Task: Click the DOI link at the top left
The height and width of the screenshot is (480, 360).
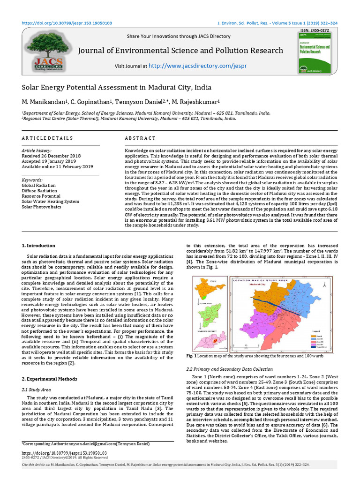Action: pos(67,22)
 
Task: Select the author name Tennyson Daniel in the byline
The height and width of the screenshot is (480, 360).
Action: pos(143,103)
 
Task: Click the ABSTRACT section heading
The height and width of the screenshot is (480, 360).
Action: pos(140,138)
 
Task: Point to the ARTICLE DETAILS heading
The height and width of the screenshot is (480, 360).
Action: pos(47,138)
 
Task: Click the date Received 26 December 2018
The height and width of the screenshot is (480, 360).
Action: pos(52,156)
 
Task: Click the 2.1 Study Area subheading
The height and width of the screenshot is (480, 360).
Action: pos(37,390)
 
